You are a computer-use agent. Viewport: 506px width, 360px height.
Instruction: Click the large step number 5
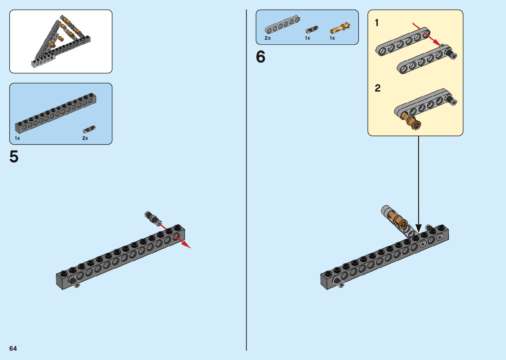(14, 157)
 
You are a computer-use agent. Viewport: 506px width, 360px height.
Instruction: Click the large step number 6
(260, 57)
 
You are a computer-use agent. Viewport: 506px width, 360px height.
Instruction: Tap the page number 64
(13, 348)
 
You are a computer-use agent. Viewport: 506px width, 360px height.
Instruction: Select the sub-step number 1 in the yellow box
(376, 23)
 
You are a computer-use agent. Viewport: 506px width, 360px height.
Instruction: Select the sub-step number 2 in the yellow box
(377, 88)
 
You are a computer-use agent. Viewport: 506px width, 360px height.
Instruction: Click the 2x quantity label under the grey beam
(268, 38)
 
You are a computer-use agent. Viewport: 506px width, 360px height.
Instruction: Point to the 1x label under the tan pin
(332, 38)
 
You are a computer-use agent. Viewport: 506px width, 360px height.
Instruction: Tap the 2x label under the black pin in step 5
(85, 138)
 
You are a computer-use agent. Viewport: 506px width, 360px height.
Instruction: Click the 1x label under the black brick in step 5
(17, 138)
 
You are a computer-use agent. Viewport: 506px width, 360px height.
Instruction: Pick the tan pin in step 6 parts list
(340, 28)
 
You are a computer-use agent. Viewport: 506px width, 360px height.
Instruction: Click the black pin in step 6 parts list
(312, 29)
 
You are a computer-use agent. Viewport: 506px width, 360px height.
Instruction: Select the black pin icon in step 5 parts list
(89, 129)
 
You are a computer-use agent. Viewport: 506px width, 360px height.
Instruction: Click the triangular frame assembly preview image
(61, 41)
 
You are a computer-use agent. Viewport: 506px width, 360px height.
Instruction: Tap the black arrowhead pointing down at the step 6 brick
(418, 228)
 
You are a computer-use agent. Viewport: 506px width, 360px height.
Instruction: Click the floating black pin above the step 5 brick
(152, 218)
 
